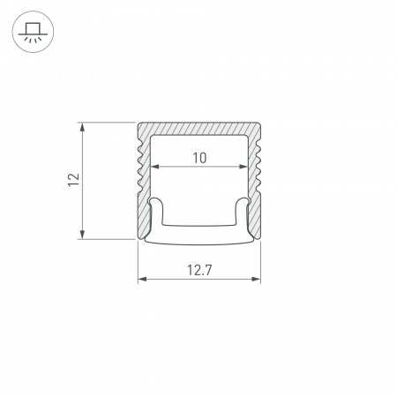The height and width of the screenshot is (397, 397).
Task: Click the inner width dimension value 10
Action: (199, 158)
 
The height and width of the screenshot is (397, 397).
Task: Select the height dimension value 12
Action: (74, 180)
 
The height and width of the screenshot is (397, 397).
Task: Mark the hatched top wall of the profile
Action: (199, 129)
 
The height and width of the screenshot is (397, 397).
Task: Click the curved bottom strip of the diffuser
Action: (199, 240)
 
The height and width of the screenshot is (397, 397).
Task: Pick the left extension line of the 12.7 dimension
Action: (139, 265)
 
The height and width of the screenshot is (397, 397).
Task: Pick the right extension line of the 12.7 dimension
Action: (261, 265)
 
